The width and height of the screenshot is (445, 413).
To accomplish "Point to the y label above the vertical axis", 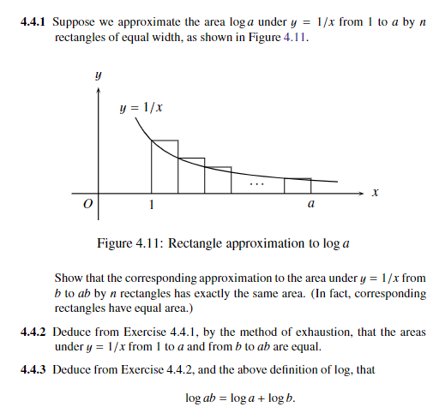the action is click(99, 76).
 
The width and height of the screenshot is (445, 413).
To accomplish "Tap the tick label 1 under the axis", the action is click(152, 206).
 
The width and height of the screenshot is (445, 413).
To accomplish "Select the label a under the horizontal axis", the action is click(310, 206).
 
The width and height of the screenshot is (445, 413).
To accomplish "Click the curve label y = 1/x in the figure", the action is click(141, 109).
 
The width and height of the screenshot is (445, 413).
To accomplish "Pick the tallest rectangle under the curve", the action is click(165, 165).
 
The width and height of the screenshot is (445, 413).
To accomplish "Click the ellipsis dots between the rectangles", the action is click(257, 183).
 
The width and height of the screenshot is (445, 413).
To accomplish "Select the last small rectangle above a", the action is click(298, 184).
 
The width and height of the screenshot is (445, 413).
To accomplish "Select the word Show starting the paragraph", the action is click(69, 278).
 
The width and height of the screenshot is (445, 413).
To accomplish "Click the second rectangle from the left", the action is click(191, 175).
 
